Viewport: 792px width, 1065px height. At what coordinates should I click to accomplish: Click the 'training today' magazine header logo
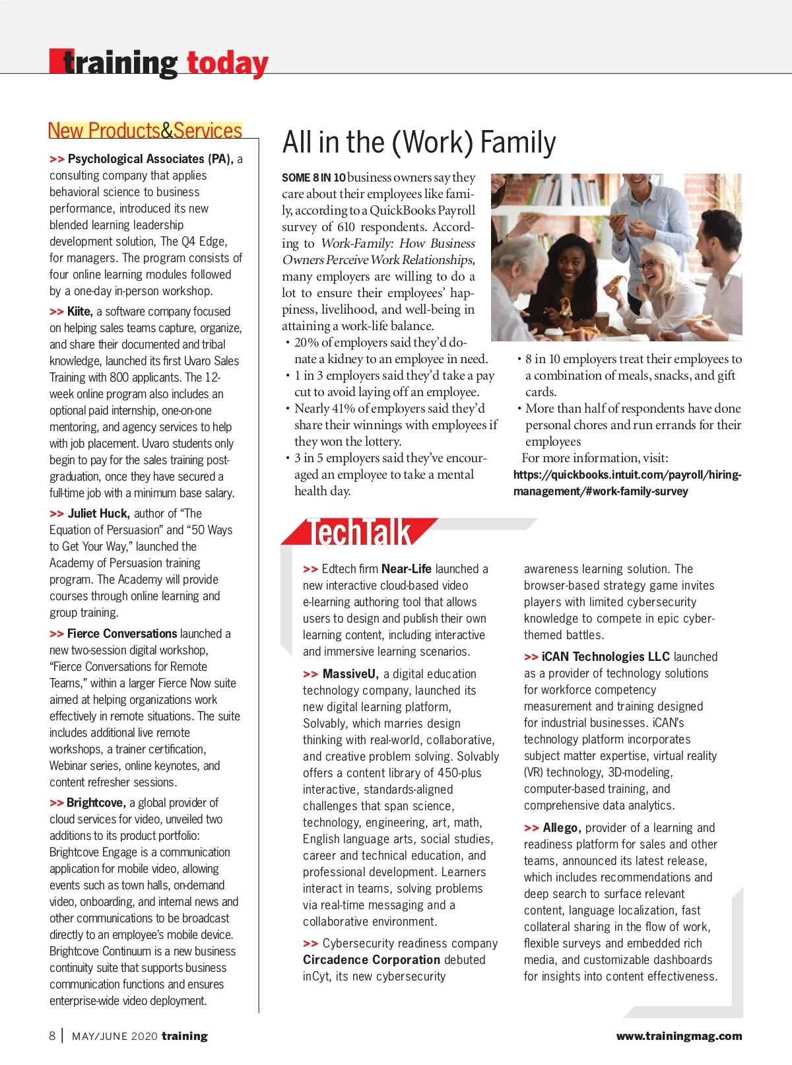pos(159,63)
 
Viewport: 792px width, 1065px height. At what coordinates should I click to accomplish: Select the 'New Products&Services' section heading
pos(145,131)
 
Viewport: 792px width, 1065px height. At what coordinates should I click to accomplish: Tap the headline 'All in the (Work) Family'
pos(419,143)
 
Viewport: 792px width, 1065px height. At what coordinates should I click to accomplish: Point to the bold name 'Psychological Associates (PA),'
pos(150,159)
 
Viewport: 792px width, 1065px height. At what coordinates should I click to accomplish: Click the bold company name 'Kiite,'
pos(80,312)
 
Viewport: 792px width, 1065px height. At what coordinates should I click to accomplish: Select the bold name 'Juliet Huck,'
pos(98,514)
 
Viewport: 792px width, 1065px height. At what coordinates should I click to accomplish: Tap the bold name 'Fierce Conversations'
pos(122,634)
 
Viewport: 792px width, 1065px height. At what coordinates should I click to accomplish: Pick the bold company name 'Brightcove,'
pos(96,803)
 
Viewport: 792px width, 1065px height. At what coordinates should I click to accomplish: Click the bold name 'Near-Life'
pos(407,569)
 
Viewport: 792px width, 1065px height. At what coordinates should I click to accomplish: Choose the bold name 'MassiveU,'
pos(350,674)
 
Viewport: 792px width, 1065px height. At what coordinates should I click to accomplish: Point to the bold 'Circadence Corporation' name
pos(371,960)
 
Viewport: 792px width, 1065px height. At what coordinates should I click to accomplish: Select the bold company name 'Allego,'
pos(562,828)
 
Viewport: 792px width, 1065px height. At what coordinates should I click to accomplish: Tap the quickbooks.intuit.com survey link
pos(627,483)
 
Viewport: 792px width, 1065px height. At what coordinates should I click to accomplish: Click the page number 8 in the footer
pos(52,1036)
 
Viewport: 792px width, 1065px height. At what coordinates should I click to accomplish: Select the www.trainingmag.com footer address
pos(679,1037)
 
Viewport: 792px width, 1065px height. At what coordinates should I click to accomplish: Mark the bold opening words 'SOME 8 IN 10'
pos(313,178)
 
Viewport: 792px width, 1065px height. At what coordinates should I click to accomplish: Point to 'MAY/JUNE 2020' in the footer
pos(115,1037)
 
